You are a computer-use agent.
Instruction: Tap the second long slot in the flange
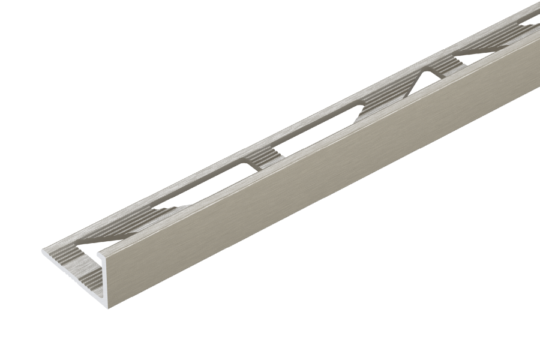tap(318, 128)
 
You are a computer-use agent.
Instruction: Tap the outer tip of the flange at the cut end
tap(43, 251)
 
